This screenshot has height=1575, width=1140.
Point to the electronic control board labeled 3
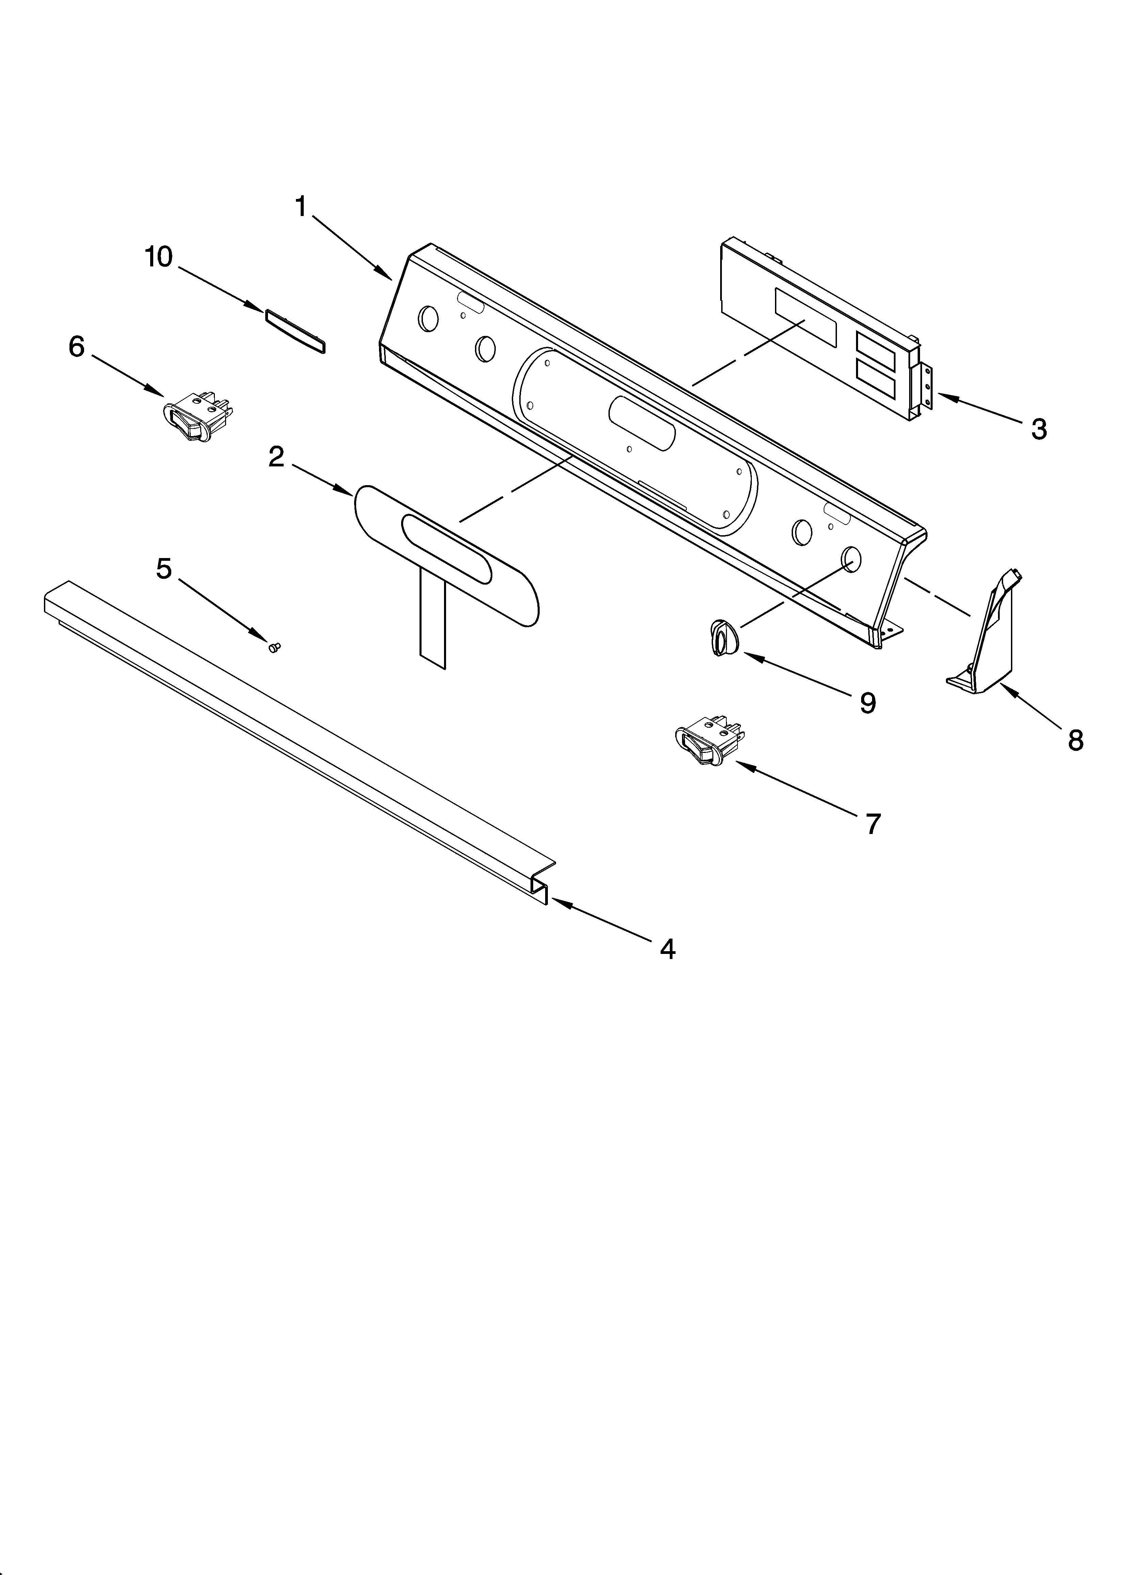pos(819,326)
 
